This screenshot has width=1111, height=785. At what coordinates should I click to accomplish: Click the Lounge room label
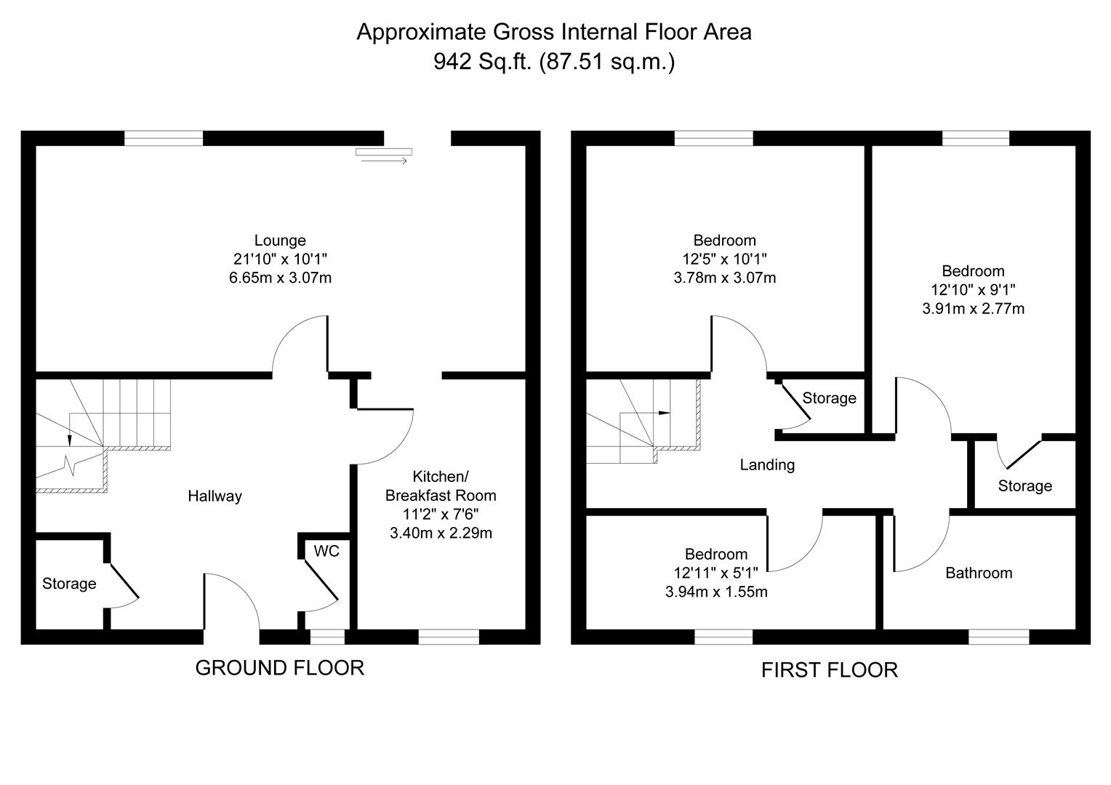280,241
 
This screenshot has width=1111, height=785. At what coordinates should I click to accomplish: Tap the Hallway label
214,496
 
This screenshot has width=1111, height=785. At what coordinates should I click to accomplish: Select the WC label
326,551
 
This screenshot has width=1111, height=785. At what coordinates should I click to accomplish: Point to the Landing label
767,464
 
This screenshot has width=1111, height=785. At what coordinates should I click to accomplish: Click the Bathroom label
979,573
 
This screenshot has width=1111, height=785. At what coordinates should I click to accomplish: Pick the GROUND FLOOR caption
280,668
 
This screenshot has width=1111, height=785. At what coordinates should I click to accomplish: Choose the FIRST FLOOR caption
830,670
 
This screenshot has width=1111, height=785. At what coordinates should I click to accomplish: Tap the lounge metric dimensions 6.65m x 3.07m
280,278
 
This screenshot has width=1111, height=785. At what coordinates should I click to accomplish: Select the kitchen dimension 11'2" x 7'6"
441,514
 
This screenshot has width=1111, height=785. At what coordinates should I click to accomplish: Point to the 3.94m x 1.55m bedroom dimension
716,592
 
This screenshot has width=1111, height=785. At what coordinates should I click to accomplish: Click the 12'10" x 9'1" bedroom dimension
973,289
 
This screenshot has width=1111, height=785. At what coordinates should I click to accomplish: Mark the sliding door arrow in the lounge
384,161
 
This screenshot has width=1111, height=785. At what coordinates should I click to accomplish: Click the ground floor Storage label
69,584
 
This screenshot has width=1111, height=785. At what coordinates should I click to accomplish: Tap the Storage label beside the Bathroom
1024,486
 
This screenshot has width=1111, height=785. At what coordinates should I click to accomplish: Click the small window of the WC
327,637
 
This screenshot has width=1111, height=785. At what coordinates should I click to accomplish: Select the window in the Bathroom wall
999,637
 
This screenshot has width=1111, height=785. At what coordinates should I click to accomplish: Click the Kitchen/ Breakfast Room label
441,486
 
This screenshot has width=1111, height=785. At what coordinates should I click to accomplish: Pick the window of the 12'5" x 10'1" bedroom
713,138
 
